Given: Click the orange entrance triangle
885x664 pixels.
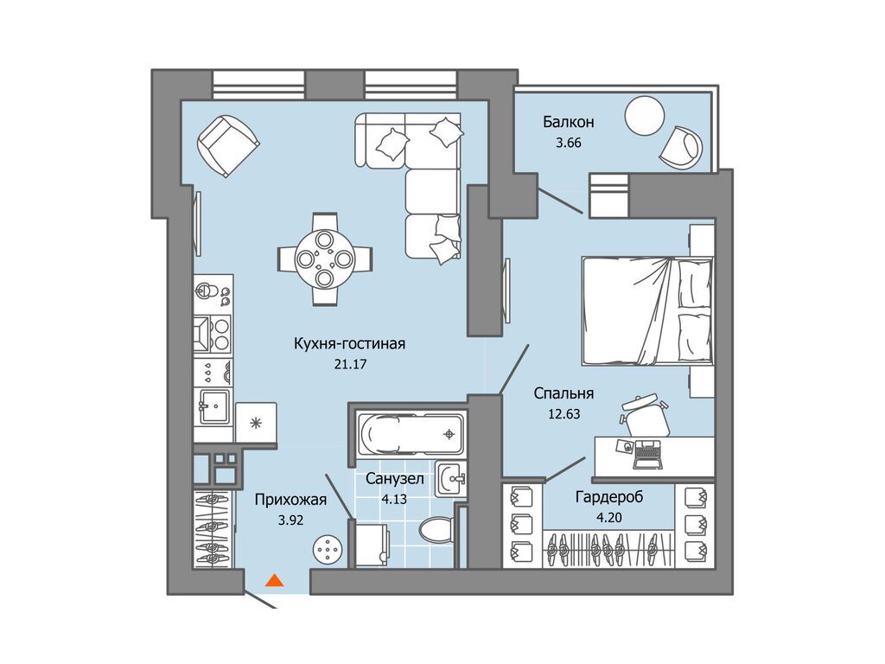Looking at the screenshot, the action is (274, 580).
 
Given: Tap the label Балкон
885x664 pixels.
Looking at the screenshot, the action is (569, 121).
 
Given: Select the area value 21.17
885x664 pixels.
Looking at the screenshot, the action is (350, 364).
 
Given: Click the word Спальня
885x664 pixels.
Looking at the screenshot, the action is (563, 393).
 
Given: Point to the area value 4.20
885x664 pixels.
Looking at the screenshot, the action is (608, 517).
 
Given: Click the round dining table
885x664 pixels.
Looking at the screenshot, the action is (325, 259).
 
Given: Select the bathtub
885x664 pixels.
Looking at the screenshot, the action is (410, 434).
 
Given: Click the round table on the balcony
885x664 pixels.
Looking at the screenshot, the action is (644, 116).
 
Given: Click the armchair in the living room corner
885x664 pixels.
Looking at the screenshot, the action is (228, 145).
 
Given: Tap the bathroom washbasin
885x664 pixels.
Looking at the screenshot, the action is (449, 479).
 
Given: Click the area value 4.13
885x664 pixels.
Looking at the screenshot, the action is (394, 499).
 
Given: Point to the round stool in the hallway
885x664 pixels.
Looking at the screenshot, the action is (328, 548).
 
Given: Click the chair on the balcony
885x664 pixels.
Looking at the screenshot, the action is (681, 147).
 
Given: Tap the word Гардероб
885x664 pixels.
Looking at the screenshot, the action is (609, 497).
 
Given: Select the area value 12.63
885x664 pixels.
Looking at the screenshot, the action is (563, 414).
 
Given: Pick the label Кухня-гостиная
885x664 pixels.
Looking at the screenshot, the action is (349, 343).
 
